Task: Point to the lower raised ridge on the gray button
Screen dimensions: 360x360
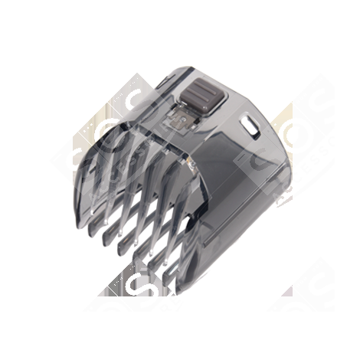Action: (198, 100)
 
